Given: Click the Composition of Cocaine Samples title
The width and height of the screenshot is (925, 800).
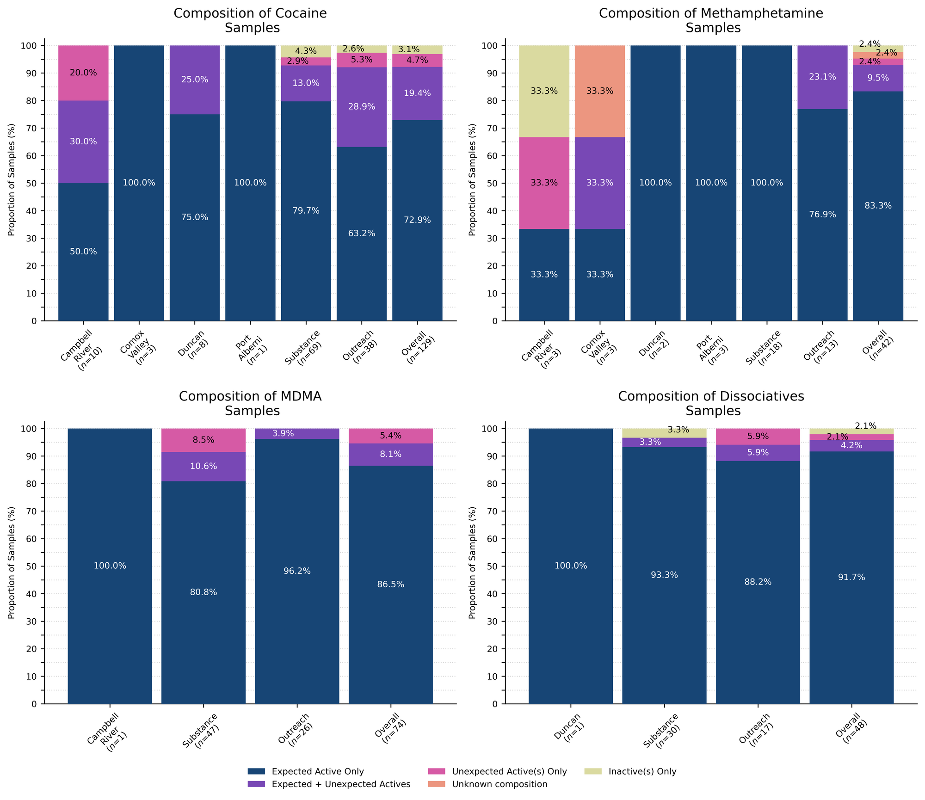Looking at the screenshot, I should pos(250,20).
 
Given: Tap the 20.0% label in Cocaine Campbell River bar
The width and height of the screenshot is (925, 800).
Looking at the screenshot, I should pos(83,73).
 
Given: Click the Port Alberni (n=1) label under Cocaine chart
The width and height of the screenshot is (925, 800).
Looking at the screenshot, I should pos(251,348).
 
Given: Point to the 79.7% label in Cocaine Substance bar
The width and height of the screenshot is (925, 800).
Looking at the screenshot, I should pos(306,211).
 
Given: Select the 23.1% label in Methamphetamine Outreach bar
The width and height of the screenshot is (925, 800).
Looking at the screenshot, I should pos(822,77).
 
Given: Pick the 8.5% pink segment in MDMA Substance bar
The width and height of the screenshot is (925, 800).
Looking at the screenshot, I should pos(203,440).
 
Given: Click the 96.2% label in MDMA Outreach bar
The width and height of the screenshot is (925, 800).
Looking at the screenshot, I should pos(297,571).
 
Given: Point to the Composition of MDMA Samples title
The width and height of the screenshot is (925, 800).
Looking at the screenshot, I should pos(250,403).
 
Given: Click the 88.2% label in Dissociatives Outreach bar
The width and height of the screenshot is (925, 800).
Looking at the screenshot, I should pos(758,582).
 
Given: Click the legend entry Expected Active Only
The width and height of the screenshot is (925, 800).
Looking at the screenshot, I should pos(318,771).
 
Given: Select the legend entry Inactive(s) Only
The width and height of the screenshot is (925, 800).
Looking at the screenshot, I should pos(642,771).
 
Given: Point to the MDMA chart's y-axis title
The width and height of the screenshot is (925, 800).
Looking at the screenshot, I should pos(12,562).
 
